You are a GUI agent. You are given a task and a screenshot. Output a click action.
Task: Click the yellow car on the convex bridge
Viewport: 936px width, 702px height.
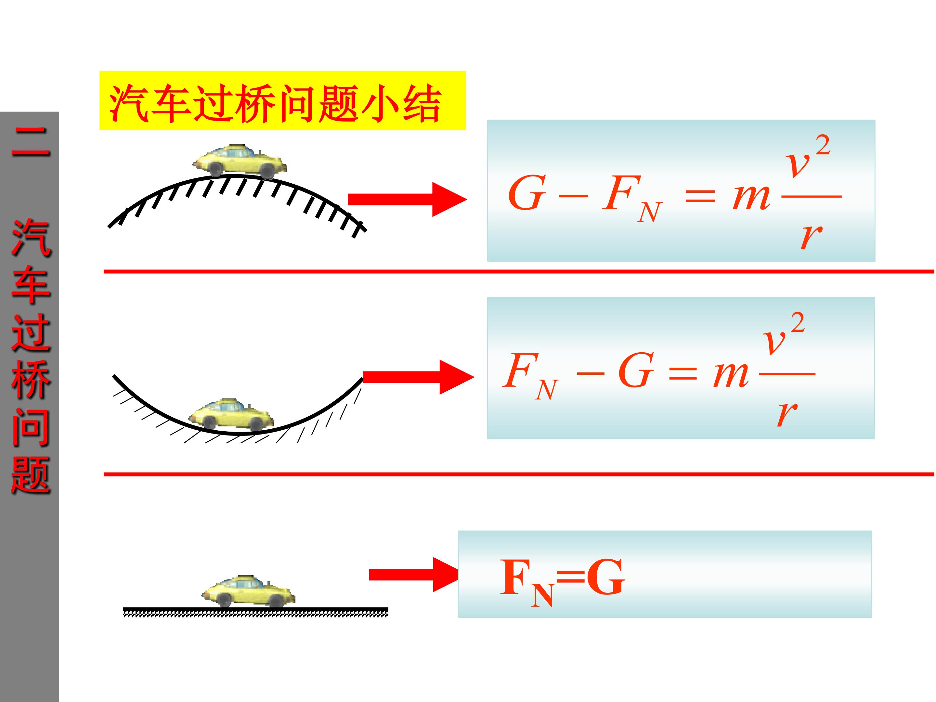click(240, 161)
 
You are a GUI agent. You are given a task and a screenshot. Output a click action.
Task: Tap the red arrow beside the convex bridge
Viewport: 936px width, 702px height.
click(406, 199)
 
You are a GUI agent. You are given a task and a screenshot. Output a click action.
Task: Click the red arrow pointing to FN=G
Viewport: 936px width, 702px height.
click(412, 575)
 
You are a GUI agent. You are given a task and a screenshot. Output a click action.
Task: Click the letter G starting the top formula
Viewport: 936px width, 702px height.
click(526, 193)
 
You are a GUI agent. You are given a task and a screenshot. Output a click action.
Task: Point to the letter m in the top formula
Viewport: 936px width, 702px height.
click(751, 196)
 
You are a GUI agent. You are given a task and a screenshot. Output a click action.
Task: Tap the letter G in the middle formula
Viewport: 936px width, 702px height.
click(636, 371)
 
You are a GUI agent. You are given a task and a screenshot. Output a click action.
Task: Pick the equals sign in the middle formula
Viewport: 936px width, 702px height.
click(682, 373)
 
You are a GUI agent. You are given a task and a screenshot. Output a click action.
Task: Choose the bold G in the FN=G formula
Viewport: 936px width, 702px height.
click(605, 578)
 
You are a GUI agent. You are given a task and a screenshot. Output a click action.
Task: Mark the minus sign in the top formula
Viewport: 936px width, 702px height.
click(573, 196)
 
